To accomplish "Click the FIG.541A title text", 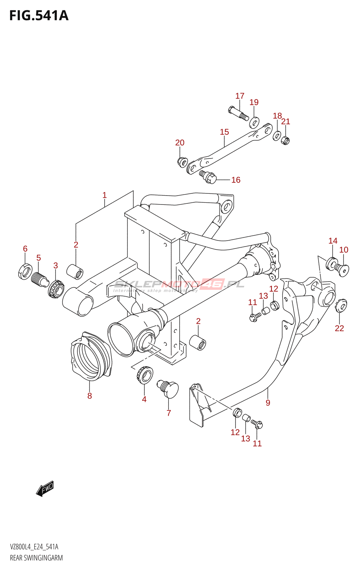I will (39, 16).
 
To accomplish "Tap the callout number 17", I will (240, 96).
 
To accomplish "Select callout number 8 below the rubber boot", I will (90, 396).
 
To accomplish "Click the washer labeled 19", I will (254, 122).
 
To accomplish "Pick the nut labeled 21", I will (285, 140).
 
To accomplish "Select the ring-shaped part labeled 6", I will (24, 271).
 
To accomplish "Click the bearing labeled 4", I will (144, 375).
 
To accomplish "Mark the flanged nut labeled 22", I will (341, 305).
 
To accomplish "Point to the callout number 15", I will (224, 132).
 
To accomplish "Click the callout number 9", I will (268, 403).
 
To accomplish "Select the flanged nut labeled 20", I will (182, 162).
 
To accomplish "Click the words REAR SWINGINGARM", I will (36, 558).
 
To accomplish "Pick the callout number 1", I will (104, 195).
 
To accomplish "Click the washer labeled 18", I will (277, 135).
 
